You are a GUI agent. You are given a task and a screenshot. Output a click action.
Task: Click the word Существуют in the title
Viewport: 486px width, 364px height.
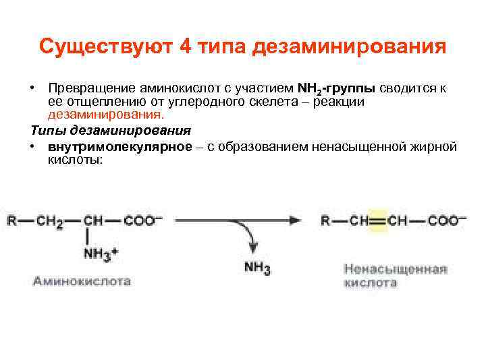(x=105, y=47)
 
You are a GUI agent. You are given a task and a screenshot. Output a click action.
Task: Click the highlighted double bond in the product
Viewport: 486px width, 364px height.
(x=378, y=220)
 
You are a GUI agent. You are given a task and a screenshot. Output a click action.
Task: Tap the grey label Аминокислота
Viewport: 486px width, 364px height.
(x=82, y=281)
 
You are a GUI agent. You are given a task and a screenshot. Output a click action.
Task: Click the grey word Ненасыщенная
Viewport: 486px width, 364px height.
(x=395, y=269)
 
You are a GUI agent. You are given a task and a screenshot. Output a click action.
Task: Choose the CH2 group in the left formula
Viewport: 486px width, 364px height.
(x=50, y=220)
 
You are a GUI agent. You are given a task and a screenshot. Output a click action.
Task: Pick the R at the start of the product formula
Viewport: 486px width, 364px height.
(x=325, y=220)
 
